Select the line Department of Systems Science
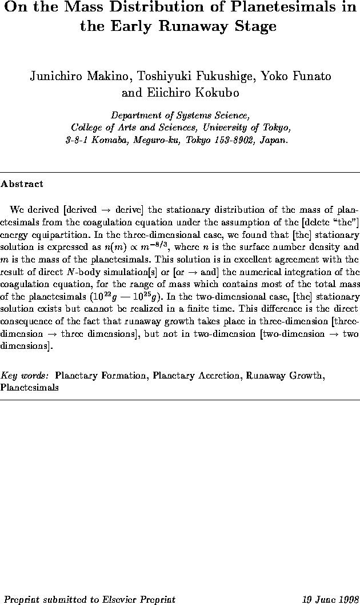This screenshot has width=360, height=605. [x=179, y=114]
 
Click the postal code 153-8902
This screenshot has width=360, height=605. [x=234, y=139]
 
